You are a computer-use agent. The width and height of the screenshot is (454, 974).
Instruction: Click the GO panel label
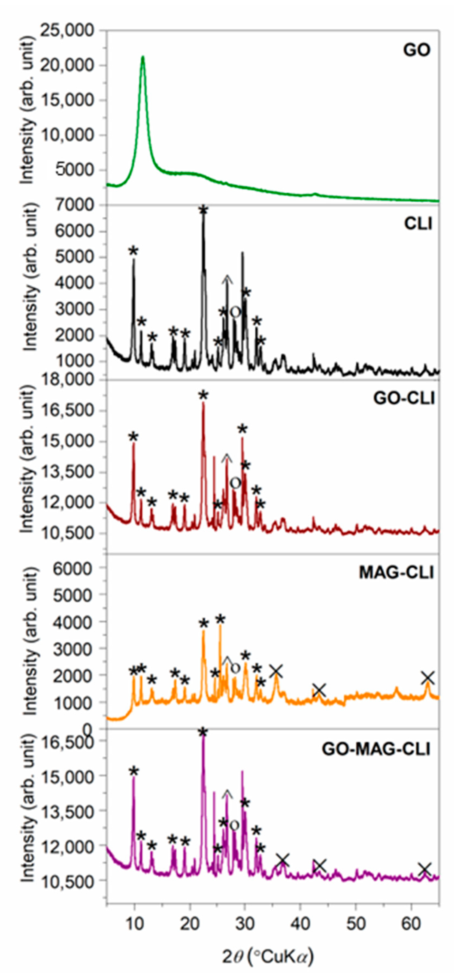pos(417,50)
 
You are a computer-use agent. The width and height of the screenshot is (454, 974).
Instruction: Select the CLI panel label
pos(418,224)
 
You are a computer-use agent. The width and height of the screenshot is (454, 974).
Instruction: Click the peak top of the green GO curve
pos(143,57)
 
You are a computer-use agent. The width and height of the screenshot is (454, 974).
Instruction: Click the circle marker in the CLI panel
pos(235,312)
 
